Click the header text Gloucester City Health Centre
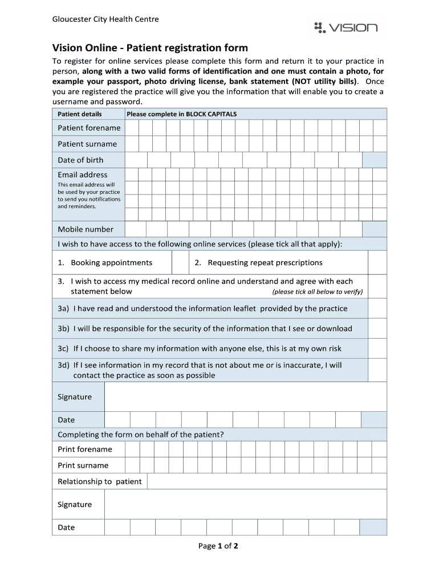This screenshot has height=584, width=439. [x=105, y=19]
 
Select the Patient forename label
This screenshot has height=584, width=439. [x=89, y=128]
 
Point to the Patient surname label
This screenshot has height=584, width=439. [x=87, y=144]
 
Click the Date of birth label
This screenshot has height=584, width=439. [x=80, y=160]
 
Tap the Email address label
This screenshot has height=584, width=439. [x=82, y=175]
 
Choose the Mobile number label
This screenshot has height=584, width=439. [x=86, y=229]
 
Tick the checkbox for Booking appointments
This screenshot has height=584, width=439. [x=180, y=263]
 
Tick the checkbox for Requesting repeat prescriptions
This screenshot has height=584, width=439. [x=377, y=263]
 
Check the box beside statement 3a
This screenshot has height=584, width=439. [x=377, y=309]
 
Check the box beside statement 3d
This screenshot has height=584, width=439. [x=377, y=370]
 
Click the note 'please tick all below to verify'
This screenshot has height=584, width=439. [x=317, y=292]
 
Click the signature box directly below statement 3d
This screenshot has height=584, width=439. [x=245, y=397]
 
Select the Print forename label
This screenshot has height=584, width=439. [x=85, y=449]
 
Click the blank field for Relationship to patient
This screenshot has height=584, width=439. [x=266, y=481]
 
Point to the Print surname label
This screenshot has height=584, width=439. [x=83, y=465]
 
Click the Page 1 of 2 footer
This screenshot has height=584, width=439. [x=218, y=546]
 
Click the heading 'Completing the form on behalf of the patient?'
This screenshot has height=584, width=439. [x=141, y=435]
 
